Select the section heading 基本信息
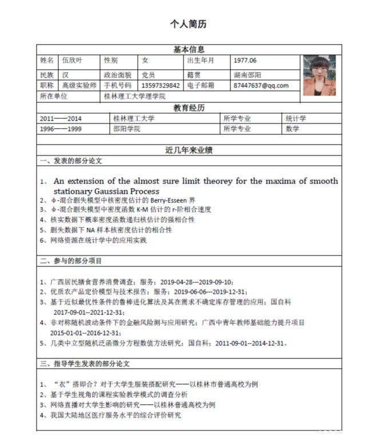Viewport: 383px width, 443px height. pyautogui.click(x=189, y=50)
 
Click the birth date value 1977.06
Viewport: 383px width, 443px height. pyautogui.click(x=245, y=60)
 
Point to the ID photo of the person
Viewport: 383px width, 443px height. pyautogui.click(x=319, y=75)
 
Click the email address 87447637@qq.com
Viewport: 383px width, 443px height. pyautogui.click(x=261, y=86)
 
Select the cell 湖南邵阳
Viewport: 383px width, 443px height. pyautogui.click(x=248, y=75)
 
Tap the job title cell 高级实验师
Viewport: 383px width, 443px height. pyautogui.click(x=79, y=86)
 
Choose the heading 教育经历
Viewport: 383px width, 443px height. pyautogui.click(x=189, y=108)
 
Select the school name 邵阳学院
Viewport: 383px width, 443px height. pyautogui.click(x=127, y=129)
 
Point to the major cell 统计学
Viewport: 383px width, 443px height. pyautogui.click(x=296, y=118)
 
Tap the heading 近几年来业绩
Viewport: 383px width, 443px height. pyautogui.click(x=189, y=151)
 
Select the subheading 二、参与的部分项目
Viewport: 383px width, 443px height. pyautogui.click(x=71, y=261)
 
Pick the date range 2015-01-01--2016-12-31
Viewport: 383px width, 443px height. pyautogui.click(x=86, y=333)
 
